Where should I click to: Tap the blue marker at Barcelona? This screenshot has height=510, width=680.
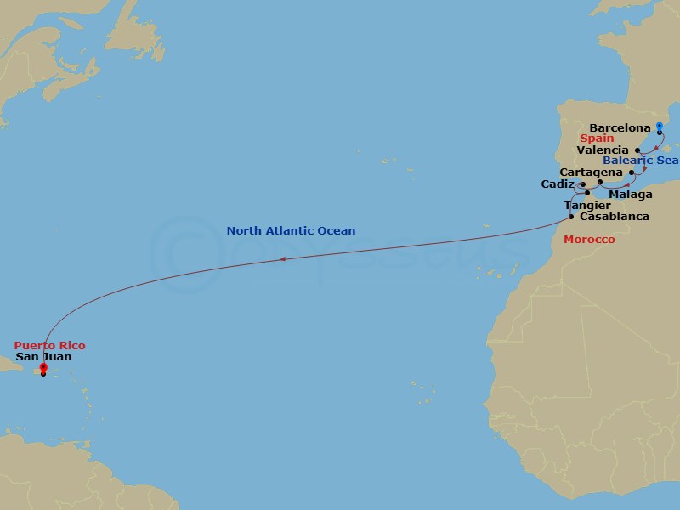(x=660, y=127)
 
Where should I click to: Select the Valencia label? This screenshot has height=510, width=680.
(x=603, y=150)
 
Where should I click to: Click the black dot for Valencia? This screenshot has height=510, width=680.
(x=637, y=150)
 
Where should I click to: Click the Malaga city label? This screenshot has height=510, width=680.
(x=631, y=195)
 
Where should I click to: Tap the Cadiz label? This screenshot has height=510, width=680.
(x=558, y=184)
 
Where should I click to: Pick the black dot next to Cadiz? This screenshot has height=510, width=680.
(x=582, y=184)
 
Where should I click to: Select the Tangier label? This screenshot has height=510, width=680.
(x=586, y=206)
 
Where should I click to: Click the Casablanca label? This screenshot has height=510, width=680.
(x=613, y=217)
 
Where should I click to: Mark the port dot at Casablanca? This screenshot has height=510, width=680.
(x=570, y=217)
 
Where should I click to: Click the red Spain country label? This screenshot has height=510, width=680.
(x=597, y=138)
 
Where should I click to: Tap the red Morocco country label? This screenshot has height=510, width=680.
(x=589, y=241)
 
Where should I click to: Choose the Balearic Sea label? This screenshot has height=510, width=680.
(x=641, y=161)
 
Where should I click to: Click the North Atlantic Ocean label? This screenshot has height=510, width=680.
(x=291, y=230)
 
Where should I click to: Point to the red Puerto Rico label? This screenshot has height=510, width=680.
(x=49, y=346)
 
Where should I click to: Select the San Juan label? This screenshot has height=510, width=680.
(x=43, y=357)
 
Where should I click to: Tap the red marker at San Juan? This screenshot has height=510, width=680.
(x=43, y=368)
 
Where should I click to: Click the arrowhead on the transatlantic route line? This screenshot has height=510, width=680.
(x=282, y=260)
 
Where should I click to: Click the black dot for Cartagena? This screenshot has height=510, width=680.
(x=631, y=172)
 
